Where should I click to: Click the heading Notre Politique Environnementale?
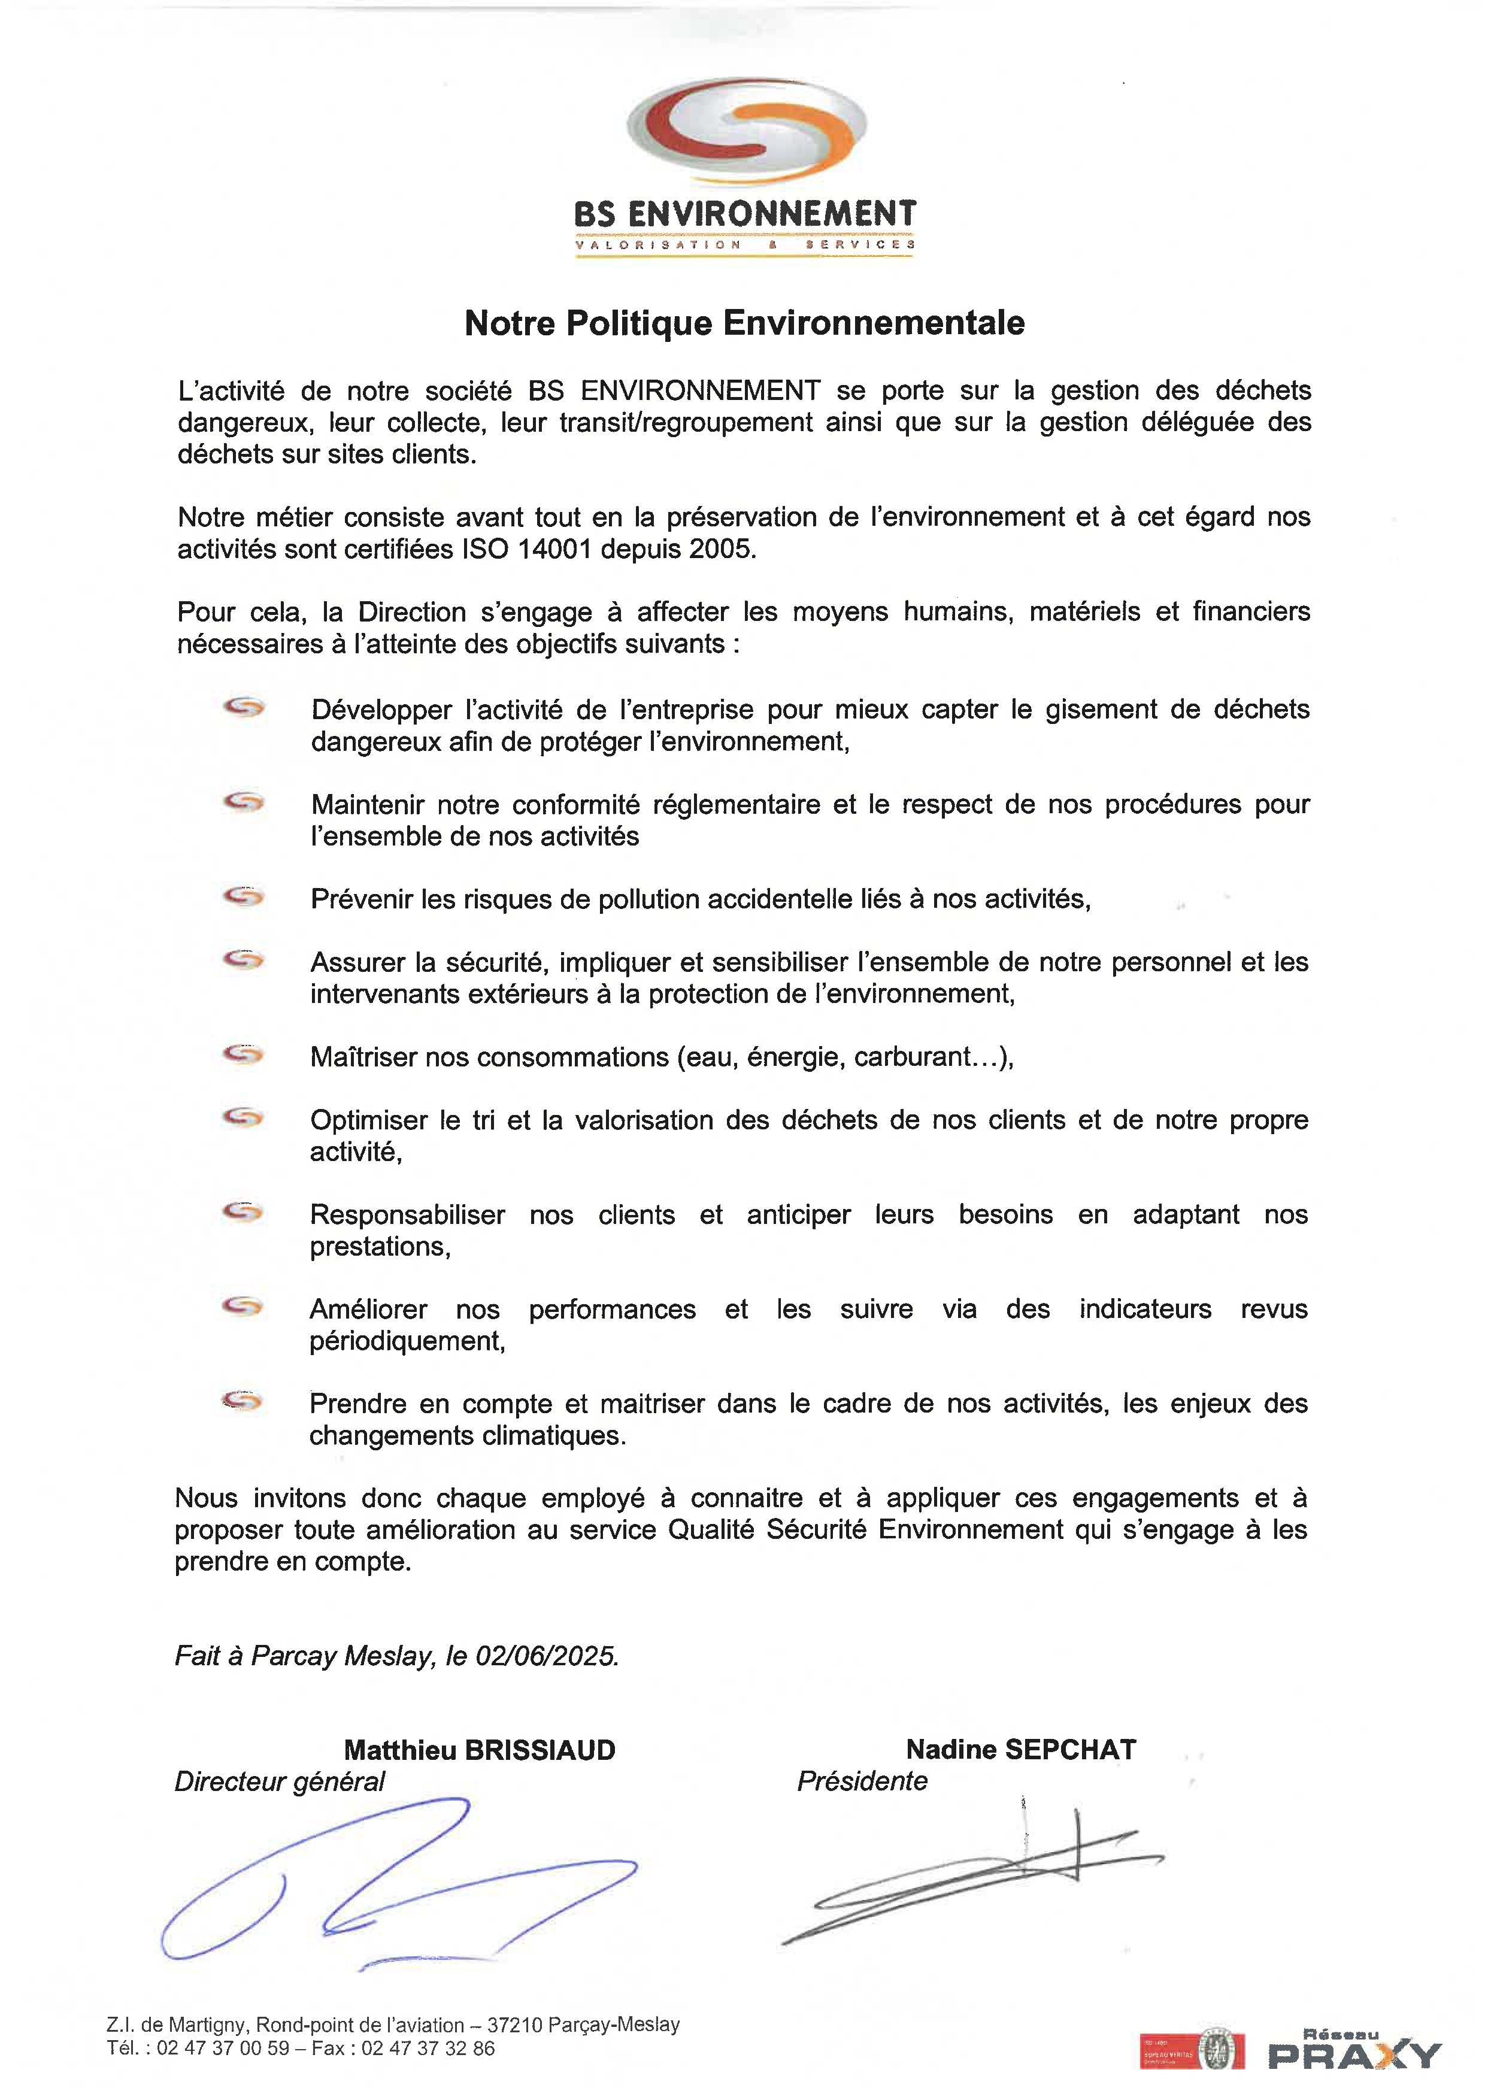pyautogui.click(x=744, y=323)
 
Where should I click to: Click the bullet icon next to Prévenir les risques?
pyautogui.click(x=243, y=897)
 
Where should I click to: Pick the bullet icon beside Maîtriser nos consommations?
pyautogui.click(x=243, y=1054)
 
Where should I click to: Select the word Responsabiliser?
pyautogui.click(x=407, y=1214)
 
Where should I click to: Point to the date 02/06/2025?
pyautogui.click(x=546, y=1656)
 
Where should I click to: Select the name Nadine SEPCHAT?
pyautogui.click(x=1020, y=1750)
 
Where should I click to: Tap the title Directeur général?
pyautogui.click(x=280, y=1781)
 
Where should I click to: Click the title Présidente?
pyautogui.click(x=862, y=1781)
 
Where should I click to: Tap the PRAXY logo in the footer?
pyautogui.click(x=1353, y=2051)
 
